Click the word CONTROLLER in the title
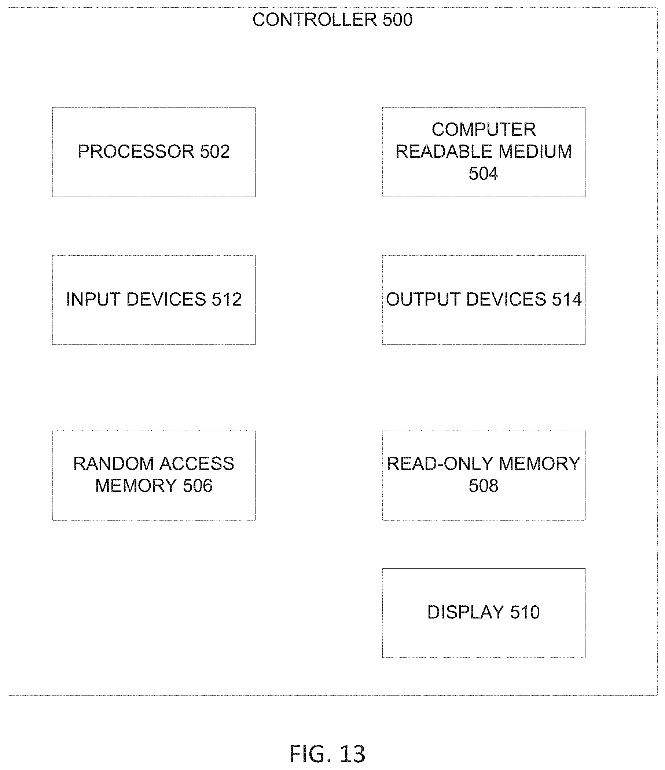(x=315, y=20)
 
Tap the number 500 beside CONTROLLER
(x=398, y=20)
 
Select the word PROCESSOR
(x=136, y=152)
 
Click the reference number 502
(x=215, y=152)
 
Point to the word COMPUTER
(x=484, y=130)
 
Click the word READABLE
(x=444, y=152)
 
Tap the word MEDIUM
(x=535, y=152)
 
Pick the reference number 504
(x=484, y=174)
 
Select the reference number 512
(x=227, y=300)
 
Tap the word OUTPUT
(x=423, y=300)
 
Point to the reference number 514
(x=567, y=300)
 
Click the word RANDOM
(x=113, y=464)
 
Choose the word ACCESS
(x=197, y=464)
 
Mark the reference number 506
(x=198, y=486)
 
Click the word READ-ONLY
(x=440, y=464)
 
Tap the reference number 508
(x=484, y=486)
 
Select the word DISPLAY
(x=466, y=612)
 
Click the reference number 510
(x=525, y=612)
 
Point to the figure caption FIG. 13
(x=327, y=753)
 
